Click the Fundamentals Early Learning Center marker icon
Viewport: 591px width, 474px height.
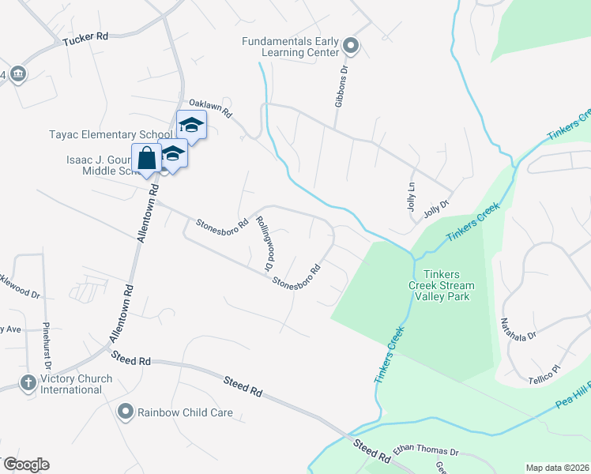pyautogui.click(x=352, y=48)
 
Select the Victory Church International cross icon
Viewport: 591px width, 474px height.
pyautogui.click(x=28, y=383)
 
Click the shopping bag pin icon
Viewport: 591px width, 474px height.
pyautogui.click(x=147, y=158)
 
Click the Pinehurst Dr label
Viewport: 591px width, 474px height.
pyautogui.click(x=47, y=346)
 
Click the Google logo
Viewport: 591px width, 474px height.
pyautogui.click(x=25, y=465)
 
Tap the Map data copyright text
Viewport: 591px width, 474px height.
pyautogui.click(x=557, y=468)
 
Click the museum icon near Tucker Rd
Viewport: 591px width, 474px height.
pyautogui.click(x=17, y=74)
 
